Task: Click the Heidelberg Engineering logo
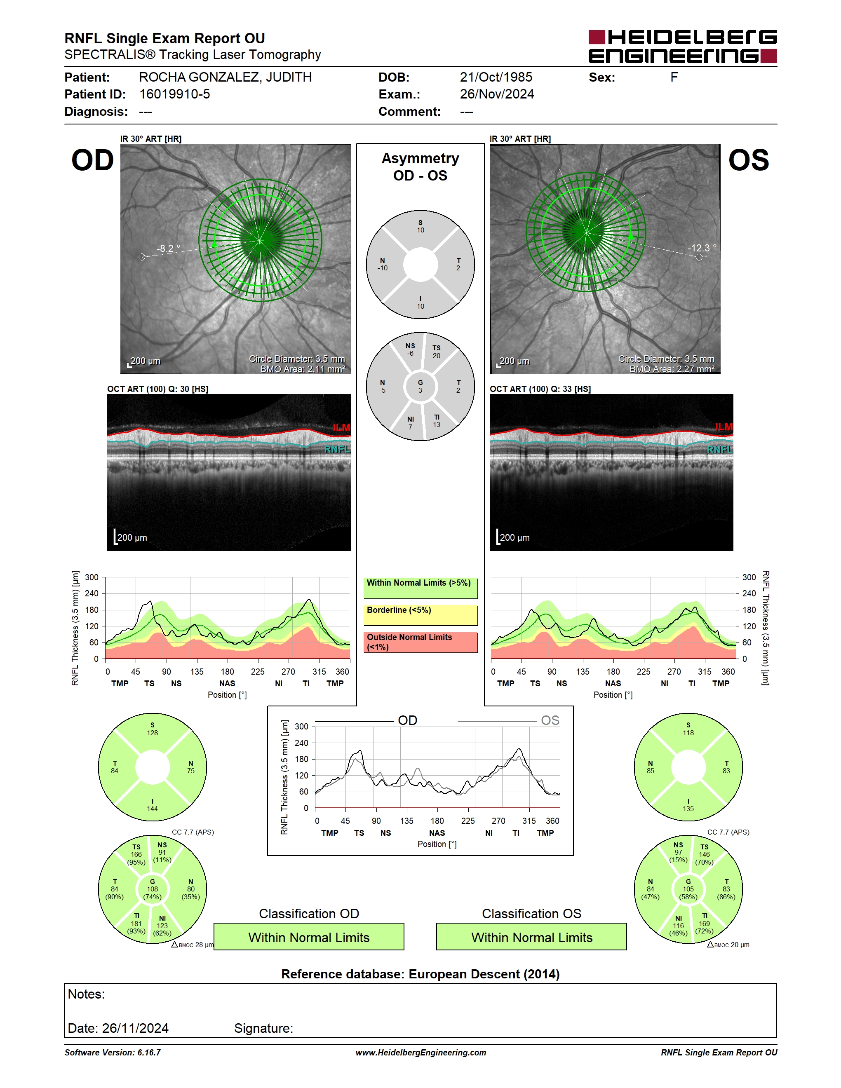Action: pos(683,46)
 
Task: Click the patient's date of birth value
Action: pos(496,77)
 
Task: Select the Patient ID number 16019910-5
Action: pos(174,94)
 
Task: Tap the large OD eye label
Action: pos(93,160)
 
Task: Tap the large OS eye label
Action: pos(748,160)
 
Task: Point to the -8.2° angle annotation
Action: pos(168,248)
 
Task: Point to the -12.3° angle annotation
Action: pos(702,248)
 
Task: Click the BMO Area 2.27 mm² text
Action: pos(672,369)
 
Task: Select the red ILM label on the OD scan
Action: pos(341,427)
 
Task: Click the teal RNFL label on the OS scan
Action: pos(719,450)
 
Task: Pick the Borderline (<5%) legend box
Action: pos(420,615)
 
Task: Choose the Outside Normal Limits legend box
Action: pos(420,642)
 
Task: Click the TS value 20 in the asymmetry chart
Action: pos(437,356)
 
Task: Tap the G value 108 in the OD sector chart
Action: pos(153,889)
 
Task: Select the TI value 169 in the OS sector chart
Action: pos(705,924)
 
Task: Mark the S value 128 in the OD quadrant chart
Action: pos(153,733)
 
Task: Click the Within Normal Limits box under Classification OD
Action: pos(309,937)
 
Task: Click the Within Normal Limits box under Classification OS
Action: pos(532,937)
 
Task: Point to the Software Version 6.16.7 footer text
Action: pos(113,1053)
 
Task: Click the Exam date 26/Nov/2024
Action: pos(497,94)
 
